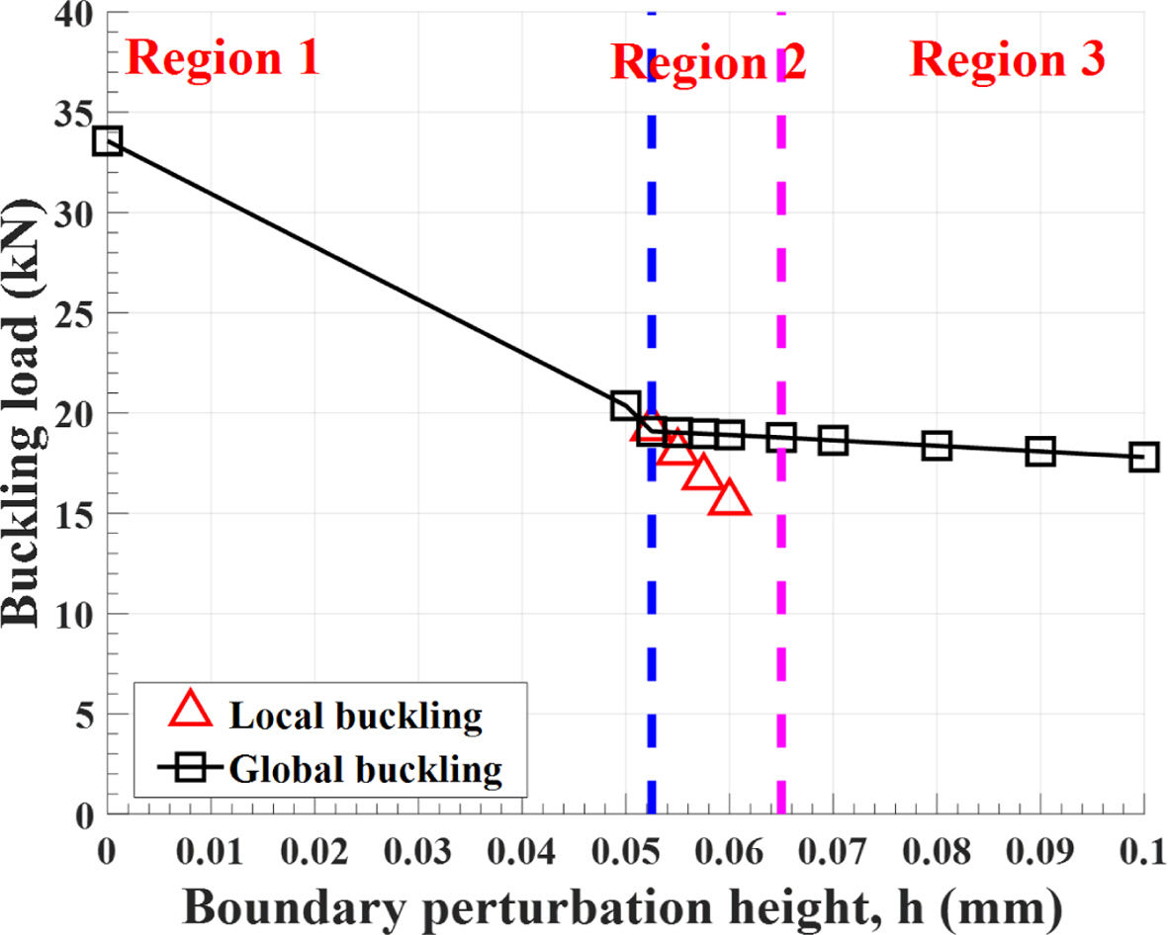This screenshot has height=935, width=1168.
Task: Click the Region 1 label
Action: [x=225, y=59]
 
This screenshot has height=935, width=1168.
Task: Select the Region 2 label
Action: [x=709, y=63]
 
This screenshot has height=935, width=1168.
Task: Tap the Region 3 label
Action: [x=1007, y=61]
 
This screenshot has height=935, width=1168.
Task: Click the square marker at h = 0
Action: [x=107, y=141]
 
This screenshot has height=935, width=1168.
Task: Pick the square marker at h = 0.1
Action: [x=1143, y=457]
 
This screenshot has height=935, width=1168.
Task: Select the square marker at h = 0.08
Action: [x=937, y=446]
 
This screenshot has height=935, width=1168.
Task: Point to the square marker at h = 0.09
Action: [x=1040, y=452]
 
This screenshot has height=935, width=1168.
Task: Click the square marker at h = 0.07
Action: [x=833, y=441]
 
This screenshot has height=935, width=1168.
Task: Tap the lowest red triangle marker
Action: [x=733, y=499]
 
